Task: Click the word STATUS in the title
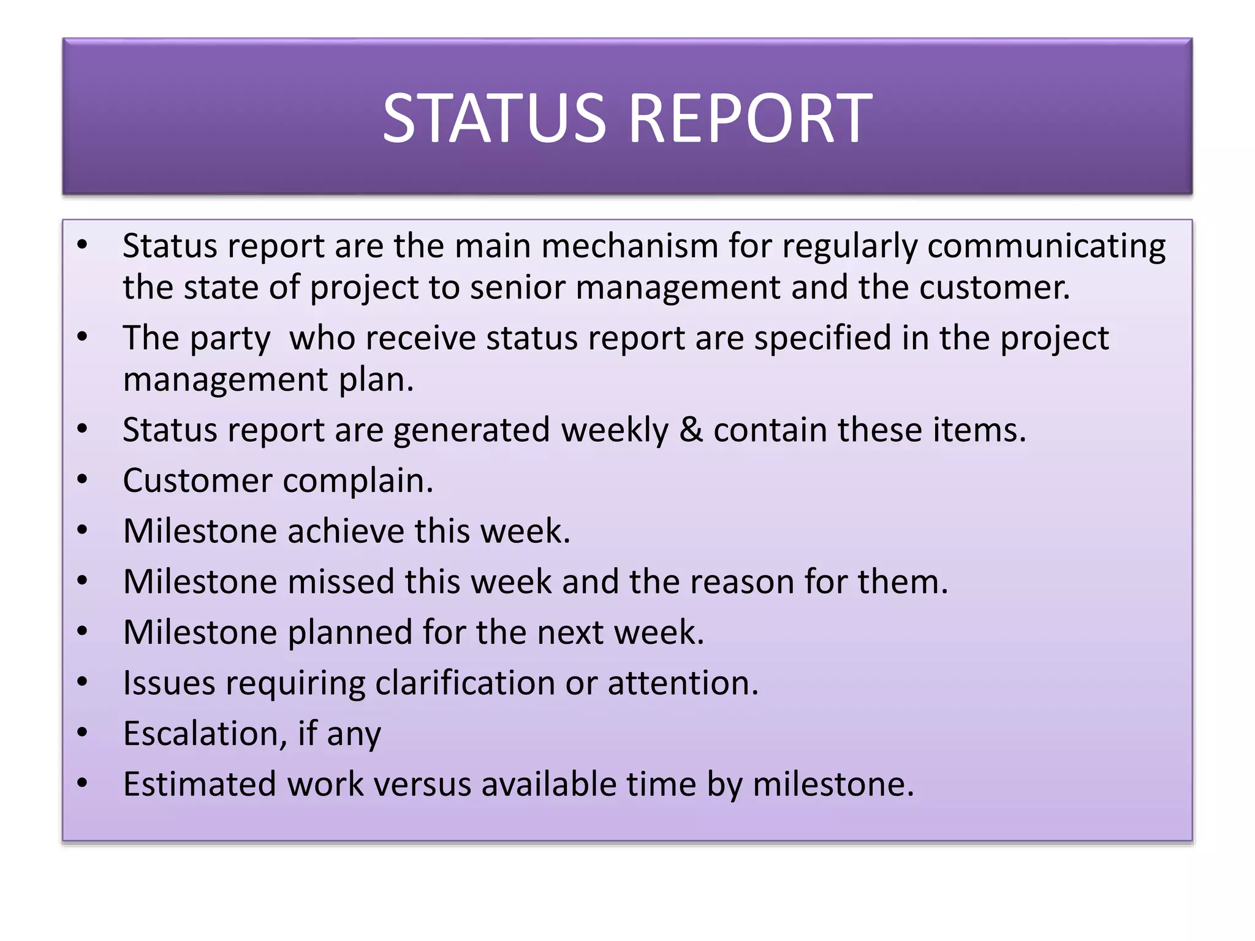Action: click(x=494, y=118)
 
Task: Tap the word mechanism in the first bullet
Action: click(x=629, y=246)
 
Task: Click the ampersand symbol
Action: click(x=691, y=430)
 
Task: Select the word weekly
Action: click(x=615, y=430)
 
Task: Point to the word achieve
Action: click(x=346, y=531)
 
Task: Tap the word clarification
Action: click(x=464, y=683)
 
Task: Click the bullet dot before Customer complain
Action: click(x=83, y=479)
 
